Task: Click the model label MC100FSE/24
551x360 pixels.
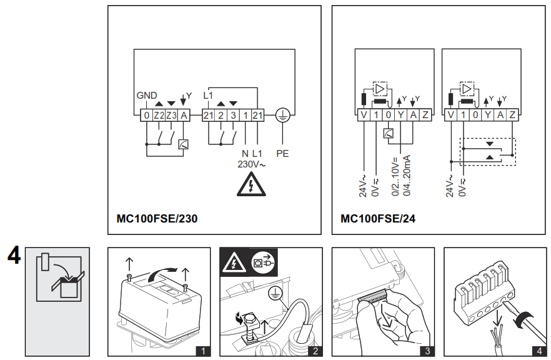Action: [x=378, y=219]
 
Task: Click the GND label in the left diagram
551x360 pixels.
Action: [x=147, y=96]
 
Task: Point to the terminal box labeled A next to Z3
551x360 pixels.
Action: [x=184, y=115]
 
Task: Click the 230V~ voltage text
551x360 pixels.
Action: [x=251, y=164]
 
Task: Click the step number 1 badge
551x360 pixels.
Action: [x=203, y=351]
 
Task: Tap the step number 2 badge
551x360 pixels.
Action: [x=315, y=351]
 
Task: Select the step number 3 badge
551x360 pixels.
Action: [x=427, y=351]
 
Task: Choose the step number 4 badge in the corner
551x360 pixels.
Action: [x=539, y=351]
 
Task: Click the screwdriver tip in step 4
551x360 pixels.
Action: [x=505, y=309]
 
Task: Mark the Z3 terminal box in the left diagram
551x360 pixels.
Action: [x=171, y=115]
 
